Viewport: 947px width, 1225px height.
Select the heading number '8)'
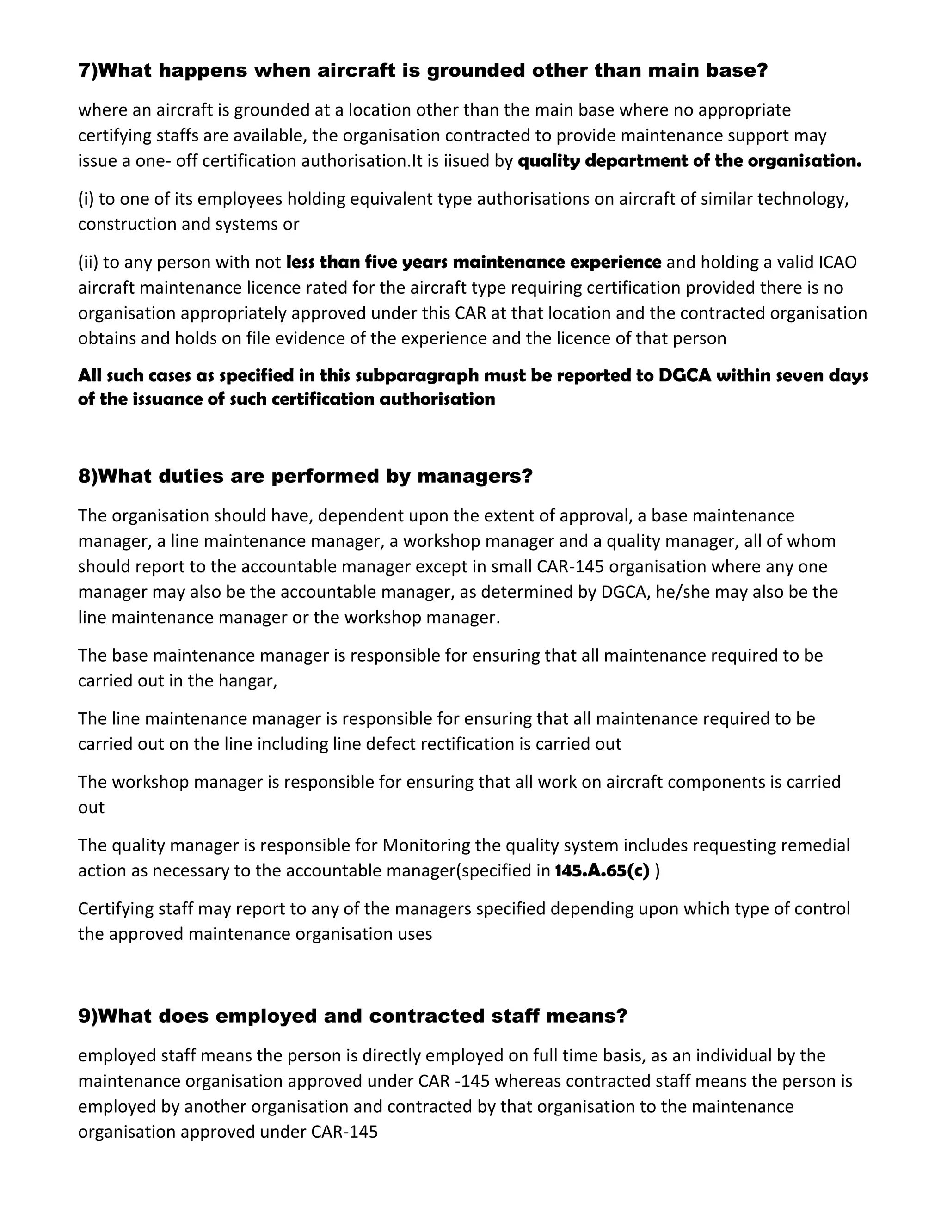(87, 476)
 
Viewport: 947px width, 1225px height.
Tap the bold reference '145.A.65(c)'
(602, 870)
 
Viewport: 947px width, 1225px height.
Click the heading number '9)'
(87, 1016)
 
